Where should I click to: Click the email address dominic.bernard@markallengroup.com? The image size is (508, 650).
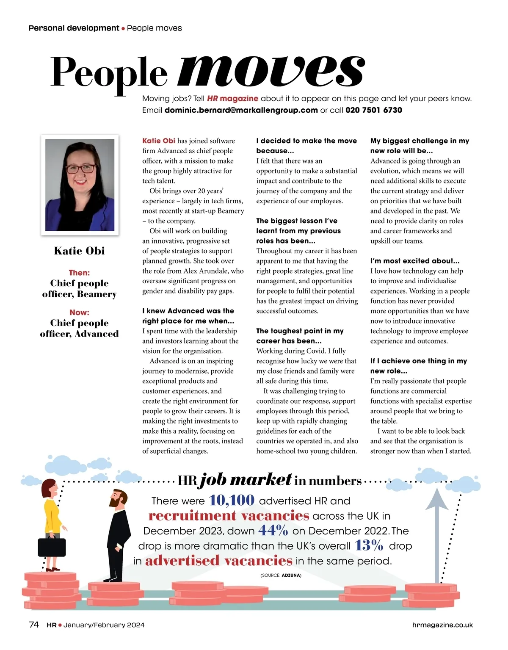[241, 110]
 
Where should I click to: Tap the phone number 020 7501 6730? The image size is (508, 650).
[374, 110]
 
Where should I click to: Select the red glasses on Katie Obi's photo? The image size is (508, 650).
[80, 169]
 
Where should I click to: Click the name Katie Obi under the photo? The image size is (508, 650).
[80, 251]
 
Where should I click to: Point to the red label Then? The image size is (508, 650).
[79, 273]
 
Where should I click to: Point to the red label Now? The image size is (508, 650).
[79, 313]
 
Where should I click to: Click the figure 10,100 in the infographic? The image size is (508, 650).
[232, 500]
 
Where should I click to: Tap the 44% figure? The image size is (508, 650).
[273, 530]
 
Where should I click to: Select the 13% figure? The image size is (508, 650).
[369, 545]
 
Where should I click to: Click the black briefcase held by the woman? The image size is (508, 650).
[52, 547]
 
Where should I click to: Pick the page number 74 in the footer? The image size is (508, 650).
[34, 625]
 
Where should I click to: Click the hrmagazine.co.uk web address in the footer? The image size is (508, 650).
[442, 625]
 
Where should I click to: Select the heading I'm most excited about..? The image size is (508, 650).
[414, 261]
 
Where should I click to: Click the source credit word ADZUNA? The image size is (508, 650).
[291, 575]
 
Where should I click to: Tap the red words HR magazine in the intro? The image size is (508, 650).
[232, 99]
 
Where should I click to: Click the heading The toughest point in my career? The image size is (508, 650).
[300, 336]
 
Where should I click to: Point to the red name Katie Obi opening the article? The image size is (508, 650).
[159, 141]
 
